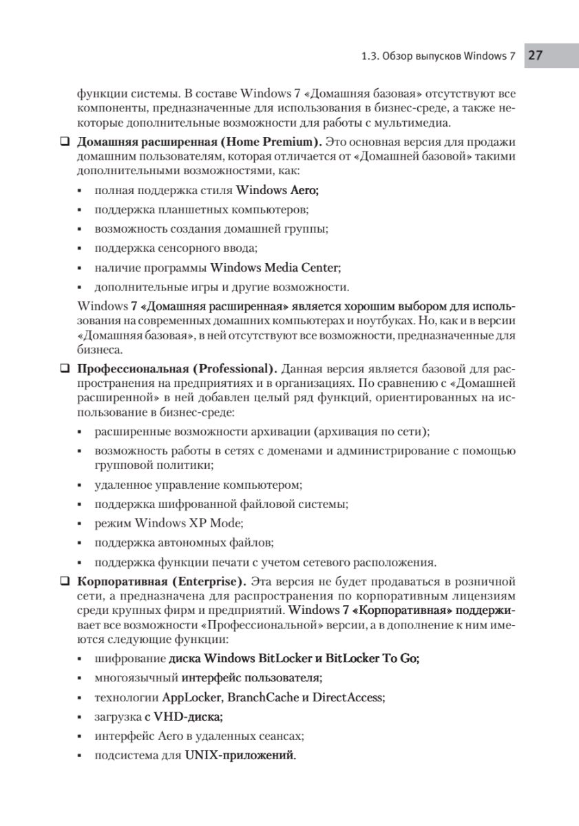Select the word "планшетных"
tap(187, 209)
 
